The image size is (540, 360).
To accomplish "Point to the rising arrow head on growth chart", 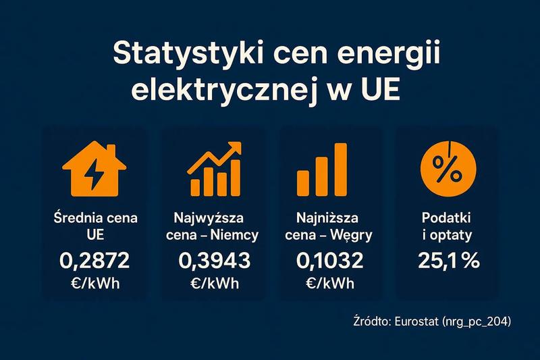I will pos(234,149).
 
